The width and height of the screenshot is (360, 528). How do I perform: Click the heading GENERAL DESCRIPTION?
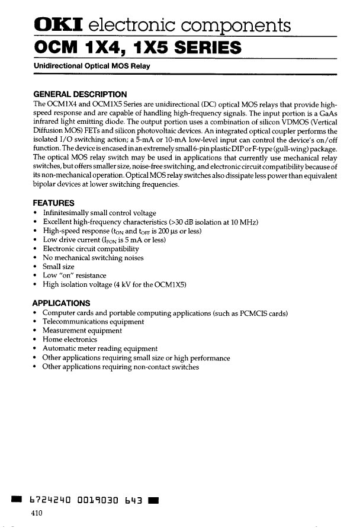pos(80,94)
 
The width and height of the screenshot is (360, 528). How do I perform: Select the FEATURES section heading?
pos(54,203)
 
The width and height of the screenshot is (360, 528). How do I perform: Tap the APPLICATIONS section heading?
pos(62,303)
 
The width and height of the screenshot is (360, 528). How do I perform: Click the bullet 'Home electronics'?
pos(69,340)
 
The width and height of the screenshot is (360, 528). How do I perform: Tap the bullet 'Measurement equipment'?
pos(82,331)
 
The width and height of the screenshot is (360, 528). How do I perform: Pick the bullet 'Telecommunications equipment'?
pos(93,322)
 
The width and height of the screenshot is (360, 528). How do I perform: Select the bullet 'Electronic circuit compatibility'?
pos(95,249)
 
